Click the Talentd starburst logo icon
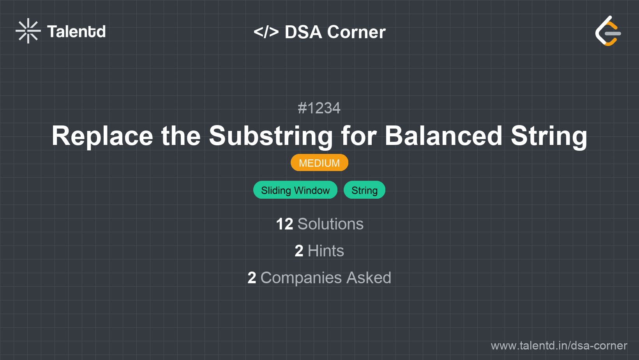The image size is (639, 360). tap(28, 31)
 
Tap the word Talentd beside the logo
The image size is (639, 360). tap(76, 32)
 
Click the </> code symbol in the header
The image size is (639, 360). tap(266, 32)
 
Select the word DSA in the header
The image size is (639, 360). tap(303, 32)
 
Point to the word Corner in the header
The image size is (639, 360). tap(356, 32)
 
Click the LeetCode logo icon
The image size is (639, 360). tap(608, 31)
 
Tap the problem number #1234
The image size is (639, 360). tap(319, 108)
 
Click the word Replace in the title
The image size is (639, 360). tap(102, 136)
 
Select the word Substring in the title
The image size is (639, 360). tap(271, 136)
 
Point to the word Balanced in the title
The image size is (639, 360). tap(443, 136)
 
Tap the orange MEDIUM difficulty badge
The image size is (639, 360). tap(319, 163)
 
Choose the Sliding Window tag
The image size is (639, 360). tap(295, 190)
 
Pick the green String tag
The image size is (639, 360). tap(364, 190)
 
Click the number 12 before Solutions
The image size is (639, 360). tap(284, 224)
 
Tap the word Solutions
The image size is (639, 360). tap(330, 224)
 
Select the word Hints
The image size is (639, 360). tap(326, 251)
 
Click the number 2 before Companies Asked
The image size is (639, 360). tap(252, 278)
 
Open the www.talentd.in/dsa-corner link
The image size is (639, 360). tap(559, 346)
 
